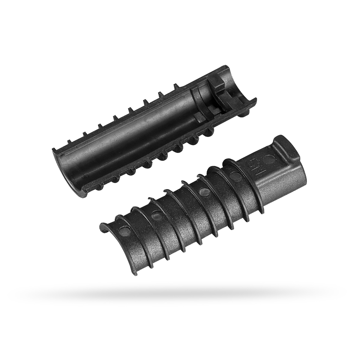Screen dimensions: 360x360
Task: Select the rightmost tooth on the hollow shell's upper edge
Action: pyautogui.click(x=177, y=87)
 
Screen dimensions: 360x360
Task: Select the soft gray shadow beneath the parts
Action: pyautogui.click(x=180, y=289)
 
